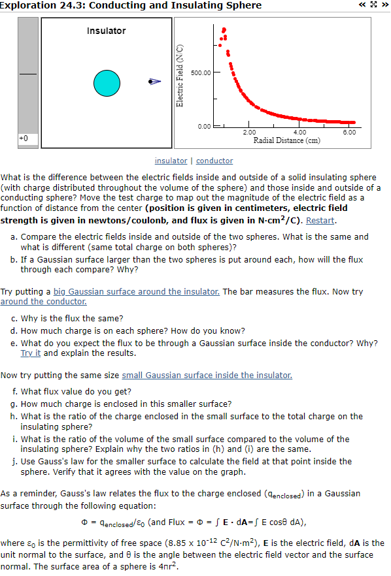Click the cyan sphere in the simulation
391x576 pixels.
(x=107, y=82)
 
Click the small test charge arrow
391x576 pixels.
(x=154, y=82)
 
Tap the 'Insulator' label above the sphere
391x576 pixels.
(x=106, y=31)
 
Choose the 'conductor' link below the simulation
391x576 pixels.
(x=214, y=161)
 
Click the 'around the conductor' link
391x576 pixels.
(x=44, y=301)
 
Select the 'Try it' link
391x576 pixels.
(x=31, y=353)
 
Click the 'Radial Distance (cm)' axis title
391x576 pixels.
(x=286, y=140)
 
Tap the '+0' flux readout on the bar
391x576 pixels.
(x=24, y=138)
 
